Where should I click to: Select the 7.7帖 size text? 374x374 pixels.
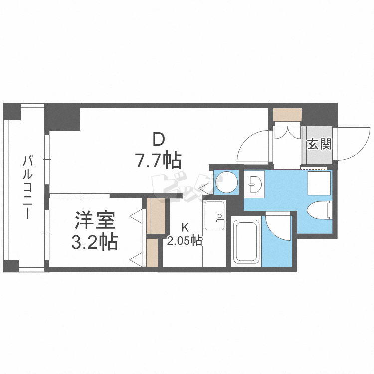pyautogui.click(x=158, y=160)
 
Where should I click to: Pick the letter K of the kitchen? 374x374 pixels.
pyautogui.click(x=185, y=227)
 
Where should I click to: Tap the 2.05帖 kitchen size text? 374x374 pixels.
pyautogui.click(x=185, y=241)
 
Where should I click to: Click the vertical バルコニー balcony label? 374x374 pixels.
pyautogui.click(x=28, y=187)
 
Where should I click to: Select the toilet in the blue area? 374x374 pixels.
pyautogui.click(x=319, y=210)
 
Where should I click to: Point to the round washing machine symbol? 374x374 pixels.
pyautogui.click(x=228, y=182)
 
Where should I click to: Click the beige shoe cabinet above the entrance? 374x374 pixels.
pyautogui.click(x=288, y=114)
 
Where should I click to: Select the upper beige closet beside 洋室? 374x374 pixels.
pyautogui.click(x=155, y=216)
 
